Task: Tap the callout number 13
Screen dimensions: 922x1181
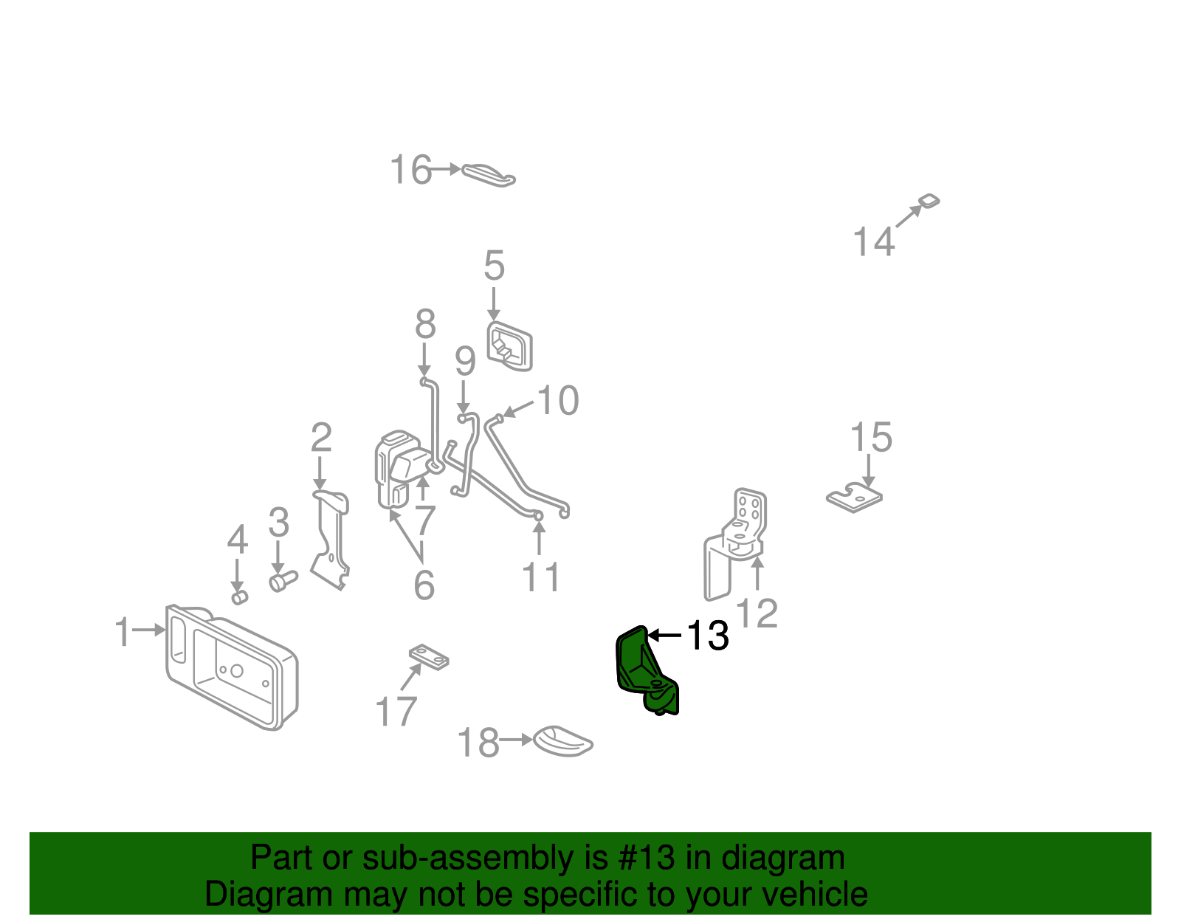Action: point(707,636)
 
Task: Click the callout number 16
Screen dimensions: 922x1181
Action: point(410,170)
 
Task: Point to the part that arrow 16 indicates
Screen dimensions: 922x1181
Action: point(489,175)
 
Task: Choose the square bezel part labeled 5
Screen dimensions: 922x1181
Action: point(509,345)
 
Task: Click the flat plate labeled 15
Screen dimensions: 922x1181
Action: point(854,498)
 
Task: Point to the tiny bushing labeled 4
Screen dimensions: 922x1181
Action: point(239,596)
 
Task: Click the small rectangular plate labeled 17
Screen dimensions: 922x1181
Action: point(429,656)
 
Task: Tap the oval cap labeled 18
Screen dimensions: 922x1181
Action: point(562,740)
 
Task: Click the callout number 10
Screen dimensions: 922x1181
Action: point(558,401)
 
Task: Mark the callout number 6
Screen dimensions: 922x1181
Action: point(424,585)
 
